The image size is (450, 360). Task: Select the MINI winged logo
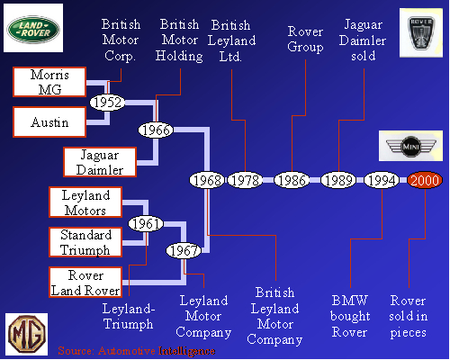[409, 145]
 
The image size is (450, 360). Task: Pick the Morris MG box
[49, 81]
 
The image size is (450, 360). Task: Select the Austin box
[49, 122]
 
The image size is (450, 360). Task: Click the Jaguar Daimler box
[99, 162]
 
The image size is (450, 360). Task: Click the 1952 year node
[107, 103]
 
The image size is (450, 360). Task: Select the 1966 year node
[156, 130]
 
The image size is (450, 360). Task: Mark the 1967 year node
[184, 251]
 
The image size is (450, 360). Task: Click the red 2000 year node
[424, 180]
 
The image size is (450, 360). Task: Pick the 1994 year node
[382, 180]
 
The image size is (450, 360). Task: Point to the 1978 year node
[244, 180]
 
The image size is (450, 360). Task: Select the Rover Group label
[305, 39]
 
